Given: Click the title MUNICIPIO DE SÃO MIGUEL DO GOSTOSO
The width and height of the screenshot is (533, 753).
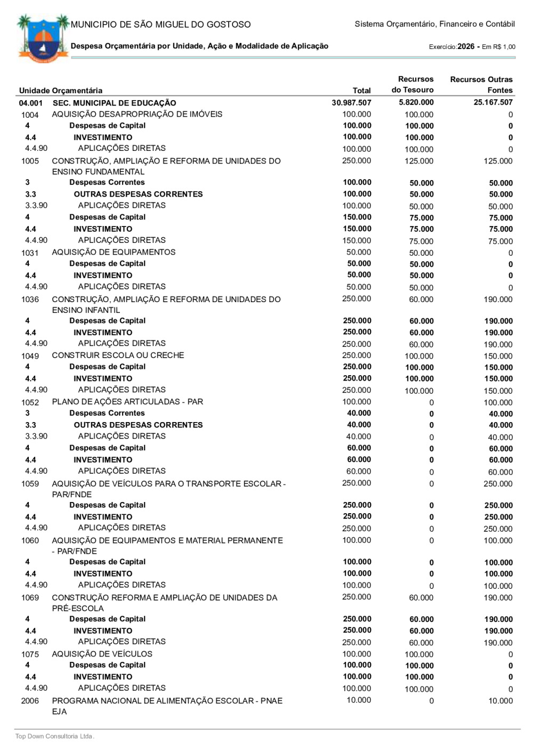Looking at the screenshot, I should pyautogui.click(x=160, y=25).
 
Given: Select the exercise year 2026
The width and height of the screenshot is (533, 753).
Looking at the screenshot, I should pyautogui.click(x=466, y=46).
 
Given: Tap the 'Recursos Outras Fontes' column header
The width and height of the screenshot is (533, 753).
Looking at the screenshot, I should pyautogui.click(x=481, y=85).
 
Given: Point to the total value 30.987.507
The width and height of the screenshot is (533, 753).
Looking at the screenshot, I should pyautogui.click(x=351, y=103).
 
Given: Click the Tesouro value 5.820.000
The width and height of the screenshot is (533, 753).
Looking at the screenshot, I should pyautogui.click(x=416, y=102).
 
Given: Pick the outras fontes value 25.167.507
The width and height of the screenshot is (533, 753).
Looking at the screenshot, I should pyautogui.click(x=493, y=102).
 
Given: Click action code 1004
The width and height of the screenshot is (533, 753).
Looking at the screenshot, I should pyautogui.click(x=30, y=115).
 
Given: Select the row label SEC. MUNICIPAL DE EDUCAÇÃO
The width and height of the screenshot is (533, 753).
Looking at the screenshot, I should pyautogui.click(x=114, y=103).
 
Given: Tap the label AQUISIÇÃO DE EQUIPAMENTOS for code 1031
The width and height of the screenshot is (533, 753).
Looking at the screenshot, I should pyautogui.click(x=114, y=252).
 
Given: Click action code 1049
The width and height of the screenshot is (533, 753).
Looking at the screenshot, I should pyautogui.click(x=30, y=356).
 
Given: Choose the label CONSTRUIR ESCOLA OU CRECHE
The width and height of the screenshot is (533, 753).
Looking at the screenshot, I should pyautogui.click(x=118, y=355).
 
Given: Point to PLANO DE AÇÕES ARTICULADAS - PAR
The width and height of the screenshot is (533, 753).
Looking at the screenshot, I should pyautogui.click(x=127, y=402).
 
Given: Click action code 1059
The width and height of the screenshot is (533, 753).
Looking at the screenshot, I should pyautogui.click(x=30, y=484).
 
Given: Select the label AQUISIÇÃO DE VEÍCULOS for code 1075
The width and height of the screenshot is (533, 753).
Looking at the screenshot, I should pyautogui.click(x=102, y=654).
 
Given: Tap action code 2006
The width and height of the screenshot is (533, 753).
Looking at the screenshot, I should pyautogui.click(x=30, y=701).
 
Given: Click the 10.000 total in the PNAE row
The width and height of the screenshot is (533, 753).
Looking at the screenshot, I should pyautogui.click(x=359, y=700).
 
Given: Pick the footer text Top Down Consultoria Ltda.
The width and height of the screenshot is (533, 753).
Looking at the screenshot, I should pyautogui.click(x=54, y=736).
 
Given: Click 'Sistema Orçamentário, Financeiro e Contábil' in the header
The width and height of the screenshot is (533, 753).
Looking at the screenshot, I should pyautogui.click(x=434, y=24).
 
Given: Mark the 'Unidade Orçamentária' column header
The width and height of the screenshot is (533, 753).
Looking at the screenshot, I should pyautogui.click(x=61, y=91).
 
